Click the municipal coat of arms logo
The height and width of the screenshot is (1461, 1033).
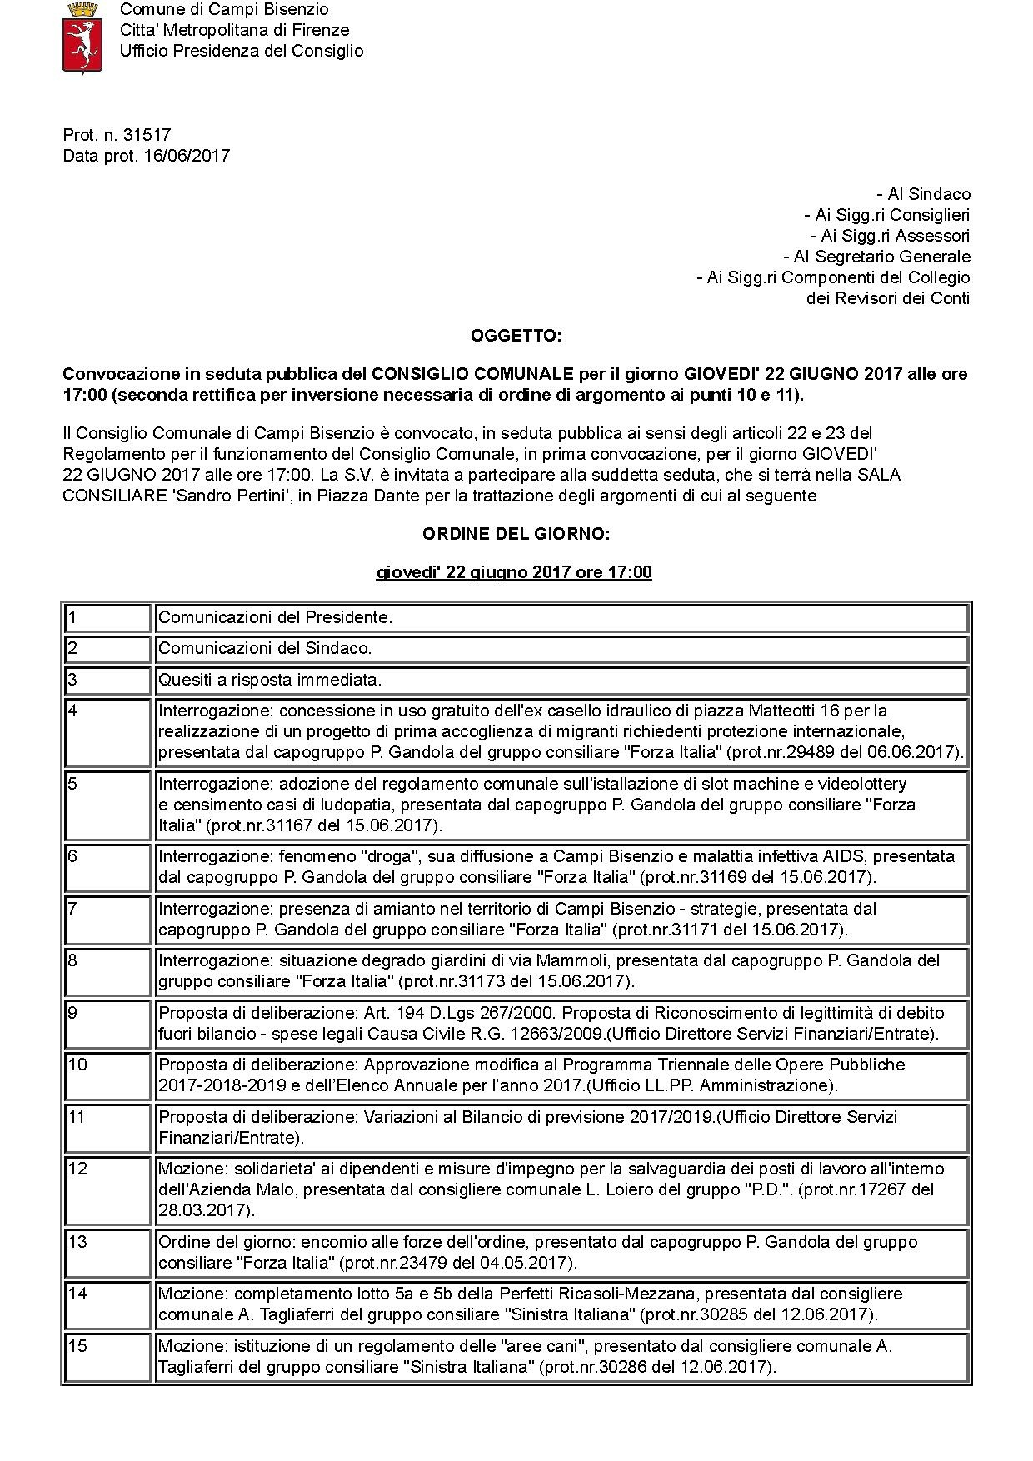point(82,37)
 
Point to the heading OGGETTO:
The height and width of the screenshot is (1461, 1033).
point(516,337)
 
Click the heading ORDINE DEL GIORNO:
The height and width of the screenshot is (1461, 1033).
point(516,534)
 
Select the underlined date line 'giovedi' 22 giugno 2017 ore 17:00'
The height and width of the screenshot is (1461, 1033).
point(514,572)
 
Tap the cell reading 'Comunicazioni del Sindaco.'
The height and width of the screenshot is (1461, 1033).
point(265,648)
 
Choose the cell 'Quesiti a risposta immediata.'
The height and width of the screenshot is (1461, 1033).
point(270,680)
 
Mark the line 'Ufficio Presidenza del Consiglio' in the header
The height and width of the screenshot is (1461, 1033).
point(242,51)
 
